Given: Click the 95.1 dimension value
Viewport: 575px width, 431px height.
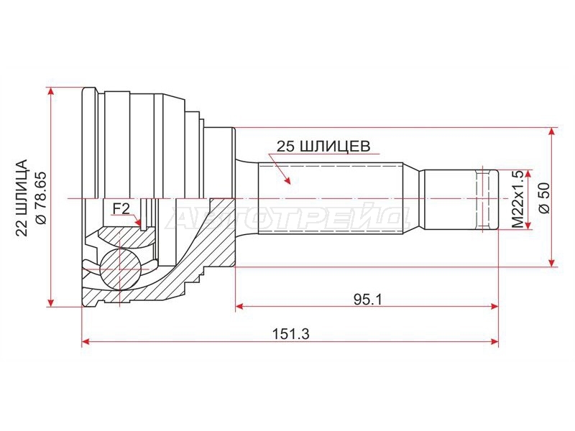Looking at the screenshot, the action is tap(368, 300).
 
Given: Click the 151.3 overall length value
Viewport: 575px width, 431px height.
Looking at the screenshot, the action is tap(291, 333).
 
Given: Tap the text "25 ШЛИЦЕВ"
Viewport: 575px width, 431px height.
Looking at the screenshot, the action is tap(323, 147).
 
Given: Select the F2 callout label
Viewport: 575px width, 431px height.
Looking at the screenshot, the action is tap(121, 209).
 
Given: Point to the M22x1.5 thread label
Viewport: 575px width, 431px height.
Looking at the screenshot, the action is tap(517, 200).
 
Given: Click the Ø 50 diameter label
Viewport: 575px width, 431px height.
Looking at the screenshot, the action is tap(544, 198).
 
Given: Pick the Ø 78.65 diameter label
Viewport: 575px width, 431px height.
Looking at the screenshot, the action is tap(40, 198).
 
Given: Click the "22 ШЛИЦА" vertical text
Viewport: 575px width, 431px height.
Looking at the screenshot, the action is tap(22, 198).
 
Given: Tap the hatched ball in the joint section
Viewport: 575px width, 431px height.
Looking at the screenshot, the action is tap(120, 269).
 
